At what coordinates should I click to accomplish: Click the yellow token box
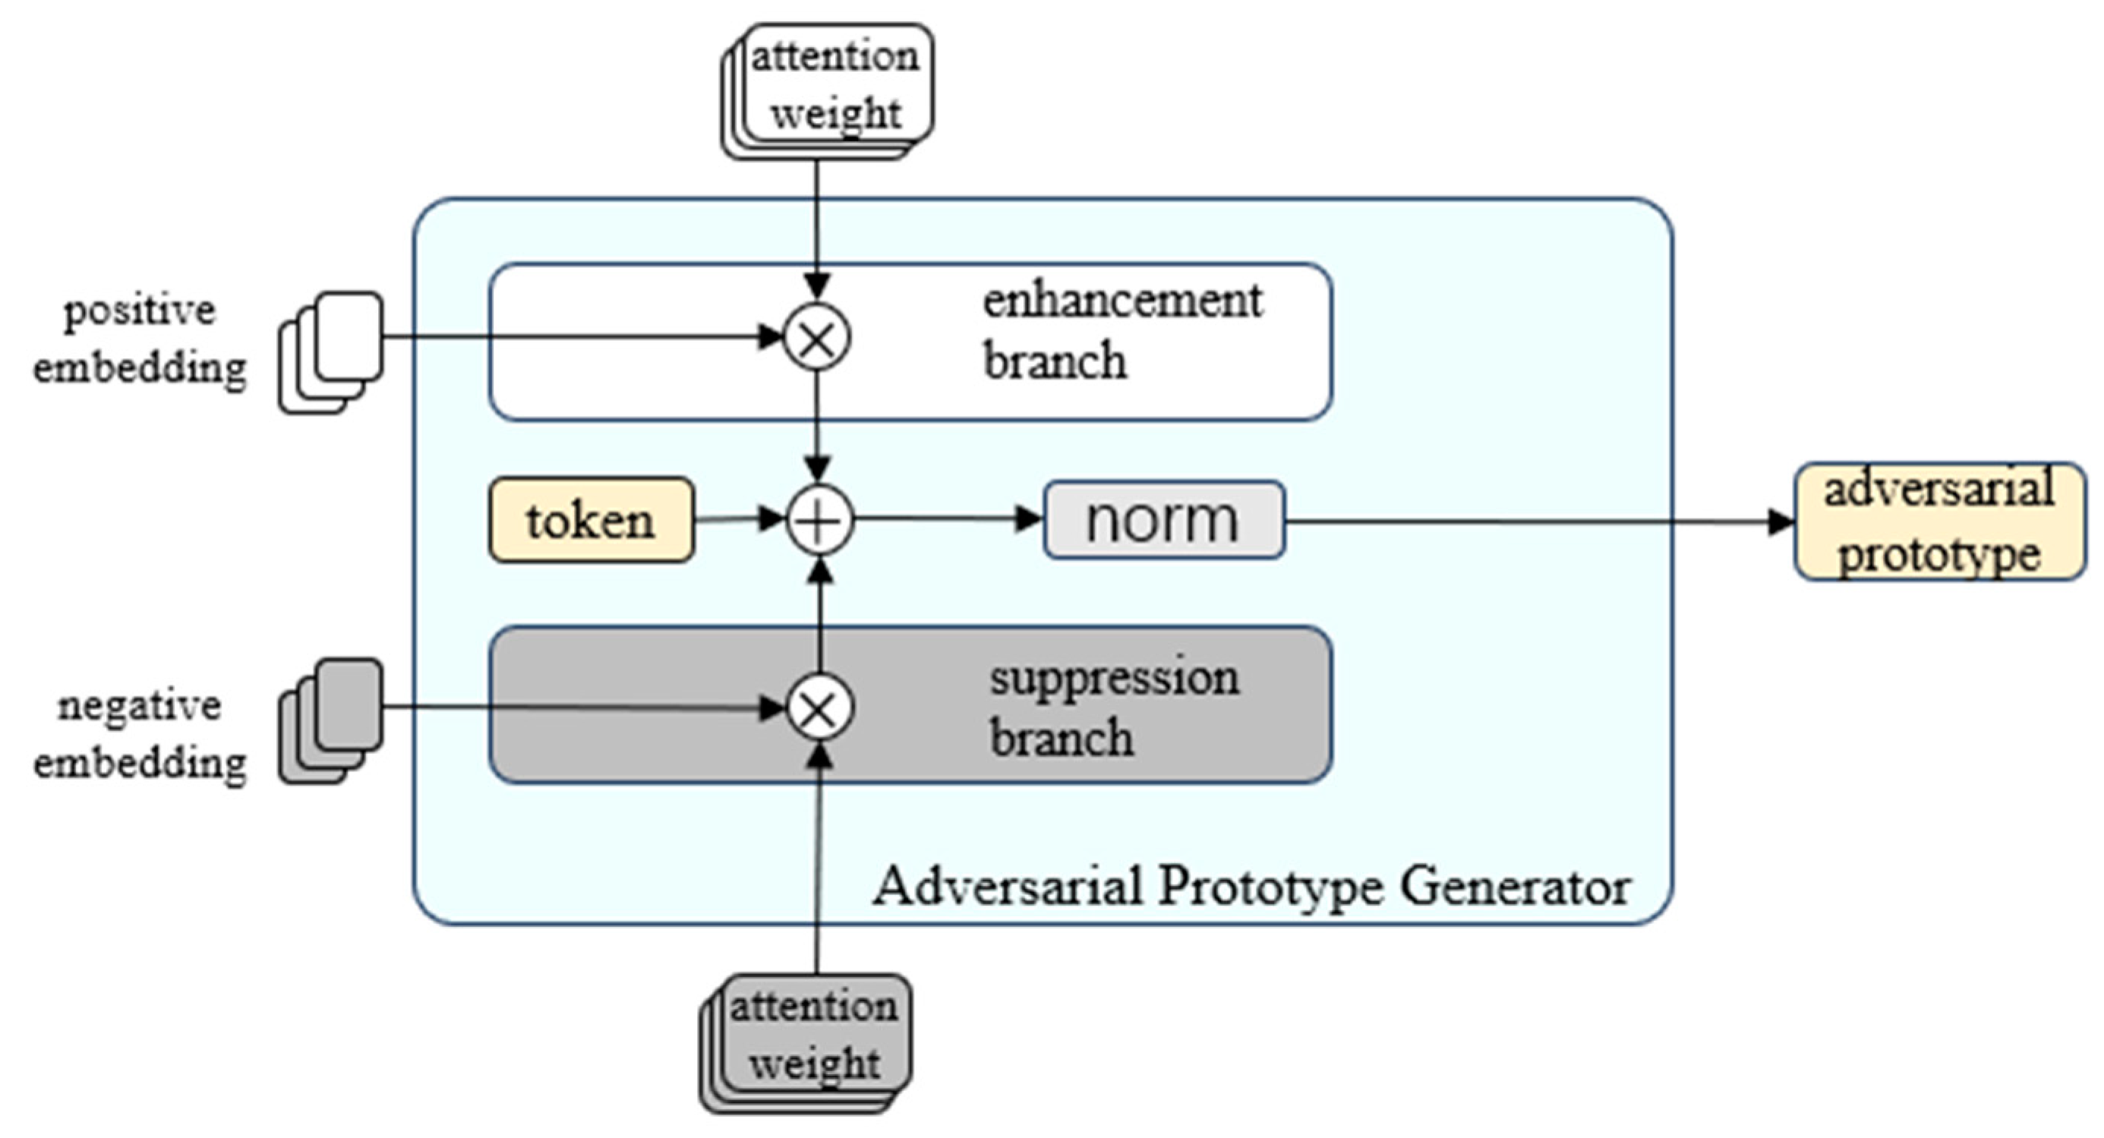tap(591, 520)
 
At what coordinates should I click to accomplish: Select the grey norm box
tap(1164, 520)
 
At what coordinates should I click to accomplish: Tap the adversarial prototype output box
tap(1939, 522)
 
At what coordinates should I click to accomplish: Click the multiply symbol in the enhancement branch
tap(817, 336)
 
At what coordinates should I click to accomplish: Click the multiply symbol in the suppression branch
tap(819, 708)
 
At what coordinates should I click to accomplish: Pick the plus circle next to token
tap(819, 520)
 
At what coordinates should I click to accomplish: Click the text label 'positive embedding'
tap(139, 339)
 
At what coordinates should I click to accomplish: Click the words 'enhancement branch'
tap(1121, 331)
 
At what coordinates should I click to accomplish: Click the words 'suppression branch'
tap(1112, 707)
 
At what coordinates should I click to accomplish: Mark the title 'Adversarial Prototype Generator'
tap(1251, 887)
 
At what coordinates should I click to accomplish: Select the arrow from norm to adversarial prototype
tap(1535, 521)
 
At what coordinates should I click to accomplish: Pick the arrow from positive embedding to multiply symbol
tap(572, 336)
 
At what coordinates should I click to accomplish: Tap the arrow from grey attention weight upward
tap(818, 865)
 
